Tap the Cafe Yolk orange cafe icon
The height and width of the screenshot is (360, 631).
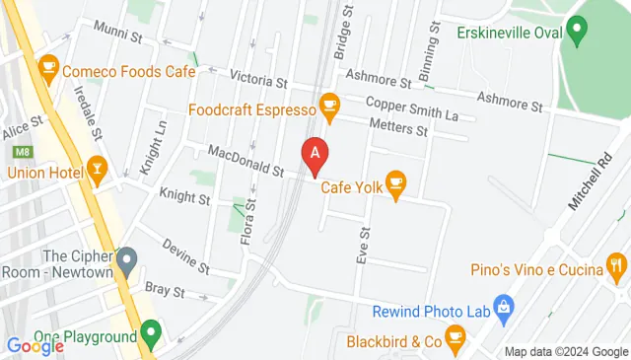[x=396, y=182]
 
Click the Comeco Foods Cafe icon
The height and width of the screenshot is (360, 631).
[x=46, y=68]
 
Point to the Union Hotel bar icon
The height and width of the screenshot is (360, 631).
[x=97, y=169]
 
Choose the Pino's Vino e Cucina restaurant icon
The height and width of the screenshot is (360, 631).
[x=617, y=264]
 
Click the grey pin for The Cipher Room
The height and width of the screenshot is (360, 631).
[x=126, y=261]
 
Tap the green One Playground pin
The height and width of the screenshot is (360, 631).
[x=150, y=332]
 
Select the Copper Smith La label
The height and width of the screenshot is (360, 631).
[x=412, y=109]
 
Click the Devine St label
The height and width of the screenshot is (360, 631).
[x=186, y=255]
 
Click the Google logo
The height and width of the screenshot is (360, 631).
[x=35, y=345]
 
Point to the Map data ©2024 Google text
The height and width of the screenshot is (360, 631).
[x=565, y=352]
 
